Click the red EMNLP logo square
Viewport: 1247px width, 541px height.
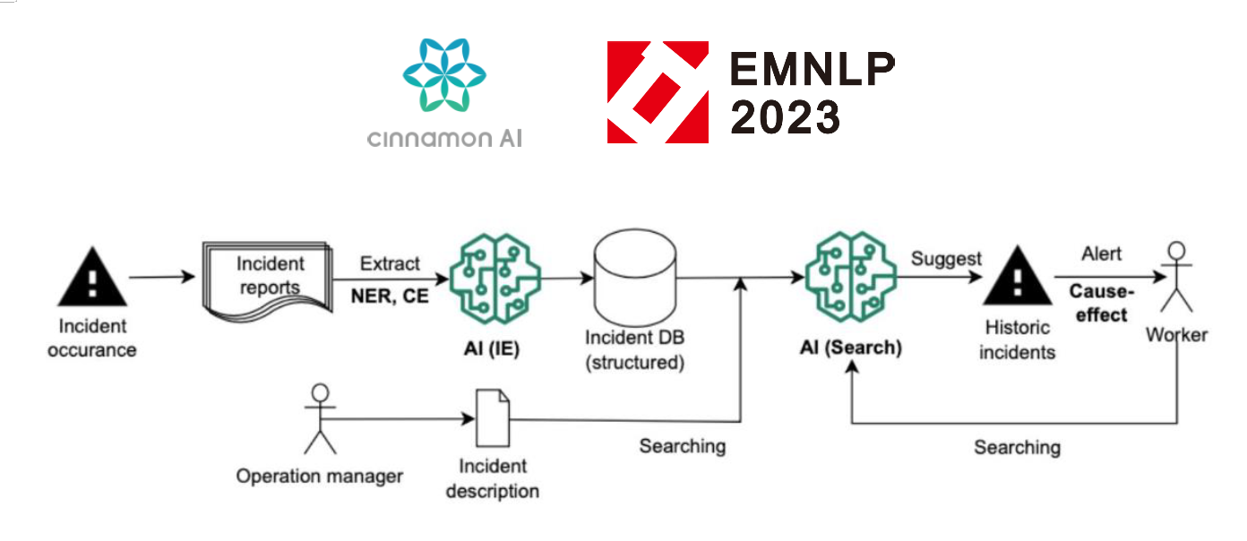[658, 92]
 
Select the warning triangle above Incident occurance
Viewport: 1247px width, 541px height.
[92, 277]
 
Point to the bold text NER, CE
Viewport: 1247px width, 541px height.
[389, 296]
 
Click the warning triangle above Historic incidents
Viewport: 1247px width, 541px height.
[1018, 279]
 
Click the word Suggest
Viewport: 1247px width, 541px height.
[946, 259]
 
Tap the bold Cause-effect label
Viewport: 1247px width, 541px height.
[1101, 304]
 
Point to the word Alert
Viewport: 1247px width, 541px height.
[1101, 254]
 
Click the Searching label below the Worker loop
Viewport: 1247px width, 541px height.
[1017, 447]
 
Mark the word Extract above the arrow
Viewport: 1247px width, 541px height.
[389, 264]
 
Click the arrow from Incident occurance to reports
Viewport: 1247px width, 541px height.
[161, 277]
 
